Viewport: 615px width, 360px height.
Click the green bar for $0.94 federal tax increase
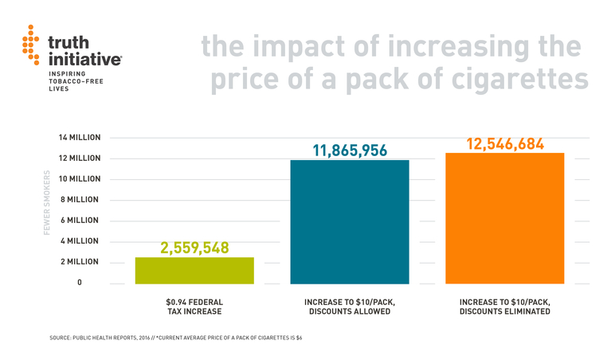(194, 270)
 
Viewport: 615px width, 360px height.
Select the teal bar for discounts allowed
(349, 221)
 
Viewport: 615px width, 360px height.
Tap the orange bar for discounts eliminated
(504, 217)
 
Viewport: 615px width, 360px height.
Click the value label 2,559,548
(194, 248)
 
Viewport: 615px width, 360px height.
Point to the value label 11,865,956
(349, 150)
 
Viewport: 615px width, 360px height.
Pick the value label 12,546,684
(504, 144)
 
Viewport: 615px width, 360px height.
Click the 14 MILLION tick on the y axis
(80, 138)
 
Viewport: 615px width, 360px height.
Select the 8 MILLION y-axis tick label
(82, 200)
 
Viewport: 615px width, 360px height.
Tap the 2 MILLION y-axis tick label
(82, 262)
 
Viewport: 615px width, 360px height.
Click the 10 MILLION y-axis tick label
(80, 179)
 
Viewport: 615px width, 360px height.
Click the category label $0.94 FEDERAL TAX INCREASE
(194, 307)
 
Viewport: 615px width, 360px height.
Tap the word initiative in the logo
(84, 58)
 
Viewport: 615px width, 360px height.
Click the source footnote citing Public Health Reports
(175, 338)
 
